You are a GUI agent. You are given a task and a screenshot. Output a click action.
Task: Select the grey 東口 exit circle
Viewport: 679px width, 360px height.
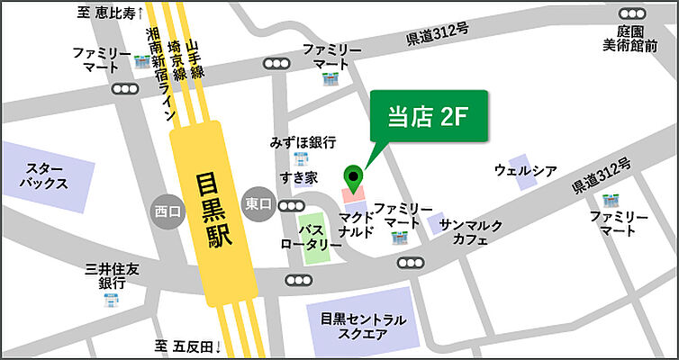click(258, 204)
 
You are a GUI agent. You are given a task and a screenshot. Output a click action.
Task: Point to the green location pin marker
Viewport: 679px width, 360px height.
click(353, 177)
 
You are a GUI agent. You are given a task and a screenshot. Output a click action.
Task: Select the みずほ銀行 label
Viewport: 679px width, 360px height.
click(303, 142)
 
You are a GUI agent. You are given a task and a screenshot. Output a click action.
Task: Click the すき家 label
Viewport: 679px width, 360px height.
click(297, 178)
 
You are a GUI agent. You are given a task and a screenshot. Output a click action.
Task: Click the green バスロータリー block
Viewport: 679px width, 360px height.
click(314, 237)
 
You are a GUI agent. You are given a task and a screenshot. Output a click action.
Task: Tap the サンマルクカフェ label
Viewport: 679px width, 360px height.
click(471, 232)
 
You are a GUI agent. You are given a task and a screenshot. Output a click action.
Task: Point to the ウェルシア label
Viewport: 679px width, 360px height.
click(526, 170)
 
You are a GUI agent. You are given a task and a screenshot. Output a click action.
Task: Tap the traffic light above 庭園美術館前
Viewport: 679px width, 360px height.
click(631, 13)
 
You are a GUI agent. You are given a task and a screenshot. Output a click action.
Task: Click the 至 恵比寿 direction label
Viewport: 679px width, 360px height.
click(113, 13)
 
